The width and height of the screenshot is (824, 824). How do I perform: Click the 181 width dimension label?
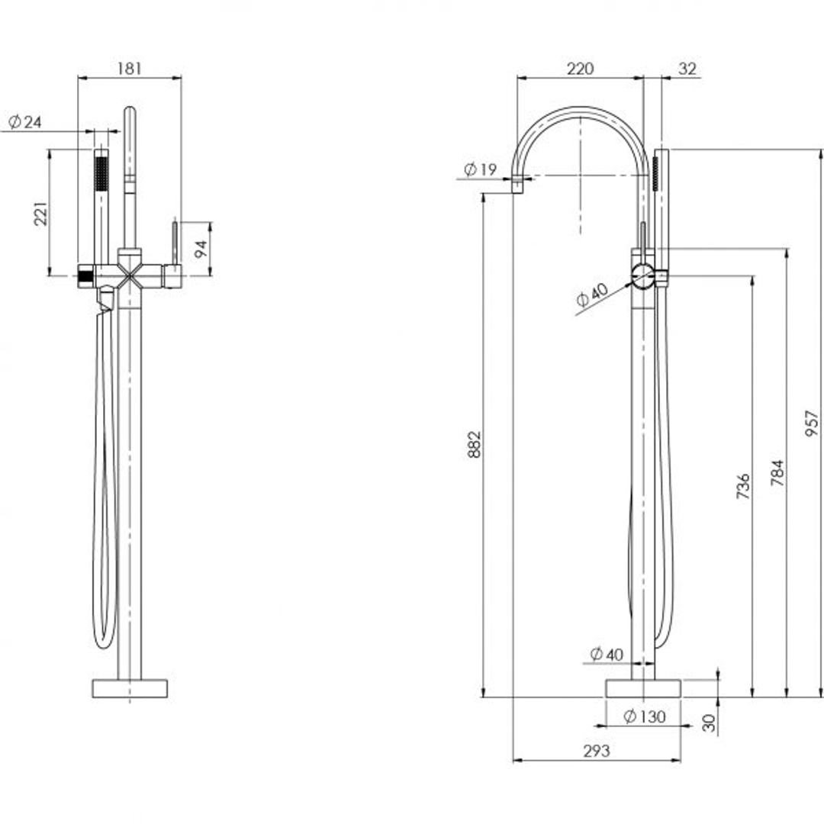tap(130, 68)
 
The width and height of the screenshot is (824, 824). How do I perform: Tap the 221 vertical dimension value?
tap(41, 214)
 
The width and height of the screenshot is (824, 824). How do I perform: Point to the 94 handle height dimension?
tap(201, 249)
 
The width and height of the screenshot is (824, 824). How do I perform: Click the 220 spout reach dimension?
tap(579, 68)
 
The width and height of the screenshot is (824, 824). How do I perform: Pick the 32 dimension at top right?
tap(687, 68)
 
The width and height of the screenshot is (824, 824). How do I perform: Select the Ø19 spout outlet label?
tap(480, 169)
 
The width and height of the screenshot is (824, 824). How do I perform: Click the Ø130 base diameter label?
tap(644, 716)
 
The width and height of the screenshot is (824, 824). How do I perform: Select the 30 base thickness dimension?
tap(710, 723)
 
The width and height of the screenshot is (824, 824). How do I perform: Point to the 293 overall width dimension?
tap(596, 751)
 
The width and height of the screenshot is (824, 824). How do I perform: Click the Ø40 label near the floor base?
tap(607, 654)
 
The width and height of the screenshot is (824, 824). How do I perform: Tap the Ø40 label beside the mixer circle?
tap(592, 295)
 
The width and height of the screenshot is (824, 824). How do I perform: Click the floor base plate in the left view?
tap(130, 687)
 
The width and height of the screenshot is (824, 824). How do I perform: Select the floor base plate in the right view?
tap(643, 687)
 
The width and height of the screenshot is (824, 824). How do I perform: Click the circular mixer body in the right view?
tap(642, 275)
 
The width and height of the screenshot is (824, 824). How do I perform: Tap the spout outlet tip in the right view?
tap(518, 184)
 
